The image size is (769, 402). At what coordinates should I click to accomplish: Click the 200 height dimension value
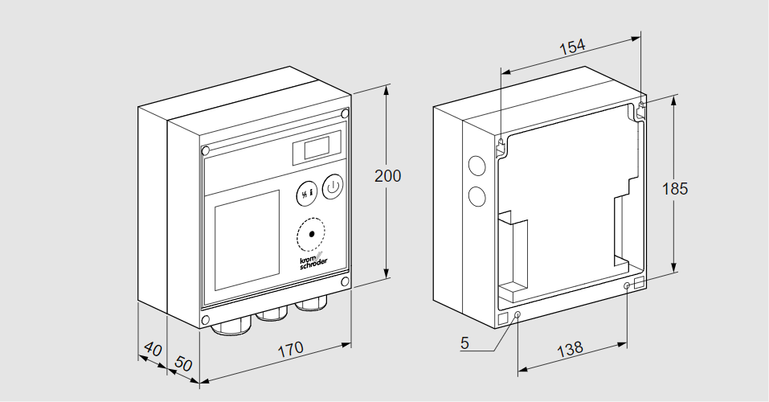(388, 177)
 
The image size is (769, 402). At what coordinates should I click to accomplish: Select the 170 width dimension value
(291, 349)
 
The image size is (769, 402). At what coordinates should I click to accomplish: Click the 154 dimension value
(571, 47)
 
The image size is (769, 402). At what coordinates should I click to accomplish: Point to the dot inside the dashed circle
(312, 234)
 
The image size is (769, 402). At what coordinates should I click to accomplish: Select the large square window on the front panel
(247, 240)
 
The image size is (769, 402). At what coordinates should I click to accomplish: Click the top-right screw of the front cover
(344, 113)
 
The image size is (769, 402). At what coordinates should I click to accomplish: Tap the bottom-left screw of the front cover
(206, 320)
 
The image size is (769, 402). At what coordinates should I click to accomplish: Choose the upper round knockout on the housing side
(477, 166)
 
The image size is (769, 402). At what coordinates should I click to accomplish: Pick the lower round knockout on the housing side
(477, 195)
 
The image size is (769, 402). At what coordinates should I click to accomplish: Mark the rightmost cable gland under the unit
(310, 306)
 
